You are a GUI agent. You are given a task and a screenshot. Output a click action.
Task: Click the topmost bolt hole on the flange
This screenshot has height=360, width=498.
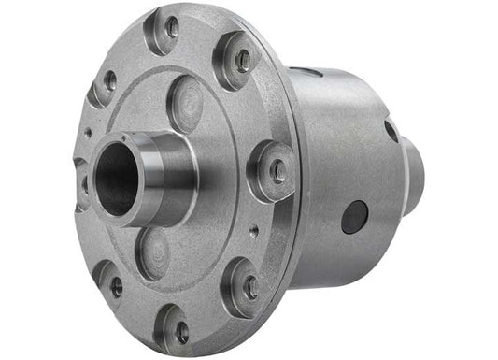point(172,27)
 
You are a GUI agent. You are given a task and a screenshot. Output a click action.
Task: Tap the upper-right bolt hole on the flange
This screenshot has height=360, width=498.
point(243,62)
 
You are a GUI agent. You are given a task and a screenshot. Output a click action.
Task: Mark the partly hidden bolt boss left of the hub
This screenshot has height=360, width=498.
point(82,178)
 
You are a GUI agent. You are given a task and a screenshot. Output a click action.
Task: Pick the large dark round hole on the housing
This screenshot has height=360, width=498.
point(354,217)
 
